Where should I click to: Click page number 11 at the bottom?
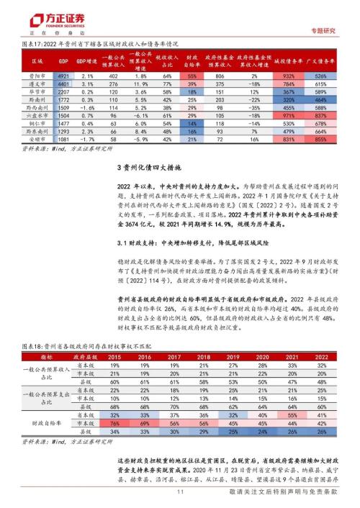click(180, 491)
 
